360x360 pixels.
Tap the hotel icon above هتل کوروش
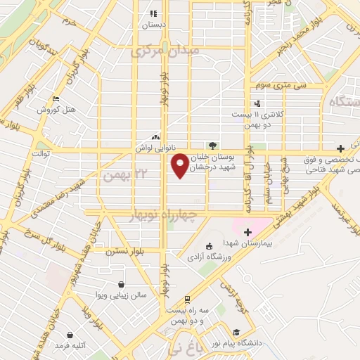56,99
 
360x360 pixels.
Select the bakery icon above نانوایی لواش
155,137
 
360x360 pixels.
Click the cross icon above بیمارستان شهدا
247,231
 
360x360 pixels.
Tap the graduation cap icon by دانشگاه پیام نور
236,332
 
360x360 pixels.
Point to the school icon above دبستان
153,13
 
